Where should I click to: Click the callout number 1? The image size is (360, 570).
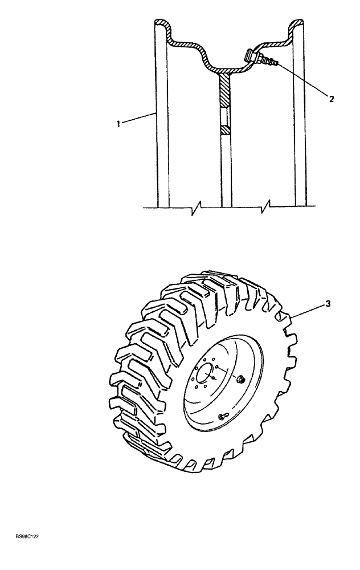[118, 123]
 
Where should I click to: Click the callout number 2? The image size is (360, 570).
[331, 97]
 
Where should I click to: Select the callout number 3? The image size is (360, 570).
[328, 304]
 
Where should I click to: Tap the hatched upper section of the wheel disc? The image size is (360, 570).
[226, 91]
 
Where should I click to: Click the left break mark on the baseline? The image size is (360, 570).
[196, 206]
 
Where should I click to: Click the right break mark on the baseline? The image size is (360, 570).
[265, 206]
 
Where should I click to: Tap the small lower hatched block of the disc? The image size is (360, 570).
[226, 131]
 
